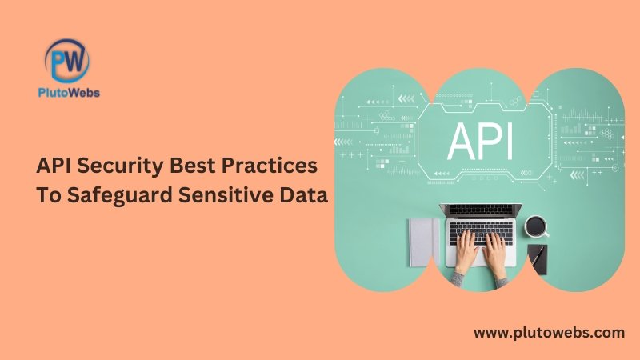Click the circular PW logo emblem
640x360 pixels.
click(x=67, y=61)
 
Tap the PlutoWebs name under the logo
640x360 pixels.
click(x=69, y=93)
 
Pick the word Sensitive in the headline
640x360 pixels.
click(x=226, y=194)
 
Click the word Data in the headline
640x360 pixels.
click(x=304, y=194)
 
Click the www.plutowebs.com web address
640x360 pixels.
click(x=549, y=333)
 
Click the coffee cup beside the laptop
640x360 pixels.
click(x=536, y=226)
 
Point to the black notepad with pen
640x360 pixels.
click(x=537, y=259)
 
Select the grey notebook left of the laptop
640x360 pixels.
click(x=424, y=242)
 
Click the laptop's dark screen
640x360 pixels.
click(x=481, y=210)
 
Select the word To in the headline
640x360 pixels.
click(x=49, y=195)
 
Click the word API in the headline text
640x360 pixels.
click(x=54, y=166)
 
